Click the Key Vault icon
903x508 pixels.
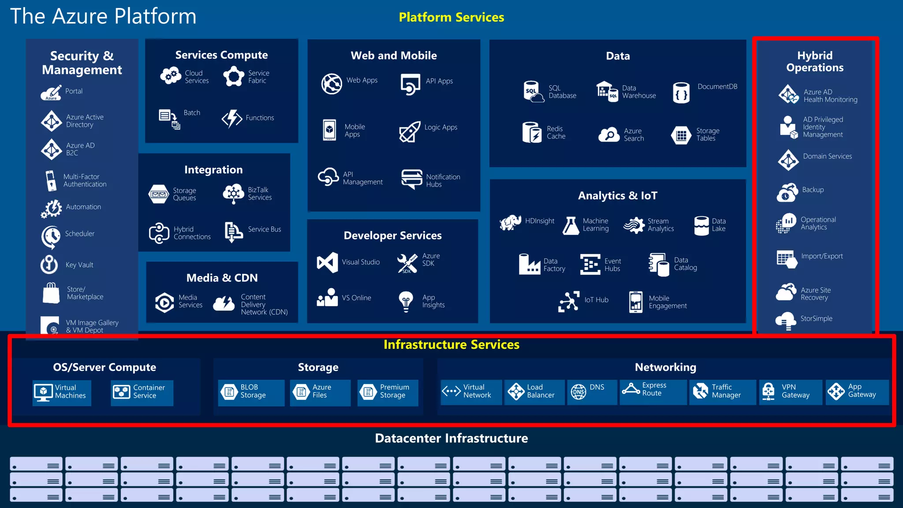pyautogui.click(x=49, y=265)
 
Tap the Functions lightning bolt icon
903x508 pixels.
pyautogui.click(x=232, y=118)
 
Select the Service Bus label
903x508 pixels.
pyautogui.click(x=264, y=229)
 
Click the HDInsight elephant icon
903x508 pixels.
pyautogui.click(x=510, y=223)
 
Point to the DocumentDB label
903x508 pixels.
pyautogui.click(x=717, y=86)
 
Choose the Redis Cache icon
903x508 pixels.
pyautogui.click(x=531, y=132)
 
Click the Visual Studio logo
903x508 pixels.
pyautogui.click(x=327, y=262)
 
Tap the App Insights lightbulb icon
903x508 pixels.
pyautogui.click(x=406, y=301)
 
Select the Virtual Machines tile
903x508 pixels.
pyautogui.click(x=62, y=392)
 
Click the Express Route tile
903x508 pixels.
pyautogui.click(x=653, y=391)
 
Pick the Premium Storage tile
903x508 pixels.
pyautogui.click(x=388, y=392)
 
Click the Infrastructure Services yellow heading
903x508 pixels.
pyautogui.click(x=451, y=344)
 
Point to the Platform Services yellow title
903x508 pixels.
pyautogui.click(x=451, y=17)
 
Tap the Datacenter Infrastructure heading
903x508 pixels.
pyautogui.click(x=451, y=438)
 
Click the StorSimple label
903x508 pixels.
pyautogui.click(x=816, y=318)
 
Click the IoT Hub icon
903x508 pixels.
pyautogui.click(x=569, y=301)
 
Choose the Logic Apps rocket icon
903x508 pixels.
pyautogui.click(x=410, y=131)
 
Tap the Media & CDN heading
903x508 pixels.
pyautogui.click(x=222, y=278)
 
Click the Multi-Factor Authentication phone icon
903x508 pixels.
pyautogui.click(x=51, y=181)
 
